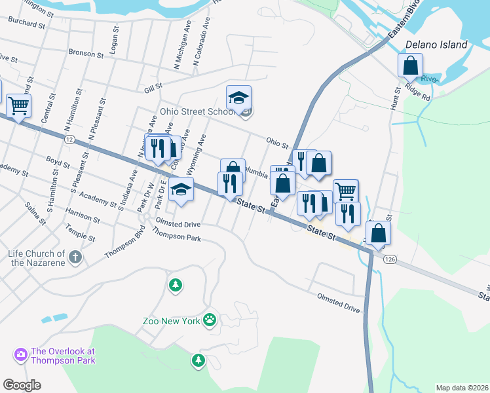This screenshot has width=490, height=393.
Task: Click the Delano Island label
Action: tap(436, 45)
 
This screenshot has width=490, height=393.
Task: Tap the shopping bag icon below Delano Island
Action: tap(410, 66)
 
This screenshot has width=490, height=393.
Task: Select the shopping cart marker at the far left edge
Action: tap(18, 105)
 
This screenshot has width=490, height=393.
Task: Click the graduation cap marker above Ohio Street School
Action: tap(238, 98)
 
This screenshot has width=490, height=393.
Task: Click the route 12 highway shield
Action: tap(69, 140)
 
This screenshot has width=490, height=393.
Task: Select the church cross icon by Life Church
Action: tap(76, 257)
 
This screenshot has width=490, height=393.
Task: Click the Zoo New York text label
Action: tap(170, 321)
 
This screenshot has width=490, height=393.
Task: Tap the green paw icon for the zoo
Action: tap(210, 320)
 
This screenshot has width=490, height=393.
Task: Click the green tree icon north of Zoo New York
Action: tap(174, 285)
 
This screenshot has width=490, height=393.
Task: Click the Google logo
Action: tap(22, 384)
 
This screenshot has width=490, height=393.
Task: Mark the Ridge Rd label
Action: tap(417, 92)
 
